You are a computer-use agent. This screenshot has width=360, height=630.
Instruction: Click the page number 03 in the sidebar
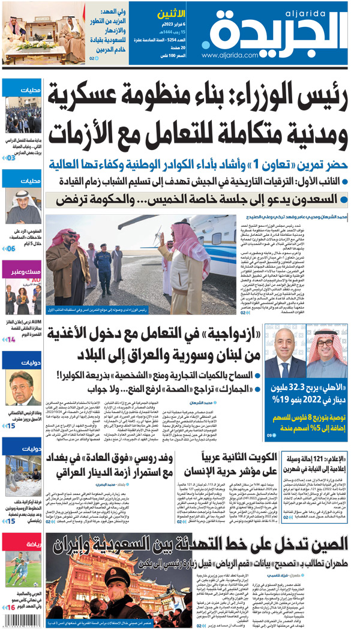click(11, 158)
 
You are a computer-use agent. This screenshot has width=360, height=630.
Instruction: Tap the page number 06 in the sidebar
click(11, 248)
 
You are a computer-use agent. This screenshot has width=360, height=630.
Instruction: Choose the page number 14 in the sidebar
click(11, 340)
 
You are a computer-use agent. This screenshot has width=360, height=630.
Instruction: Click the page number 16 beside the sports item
click(11, 608)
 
